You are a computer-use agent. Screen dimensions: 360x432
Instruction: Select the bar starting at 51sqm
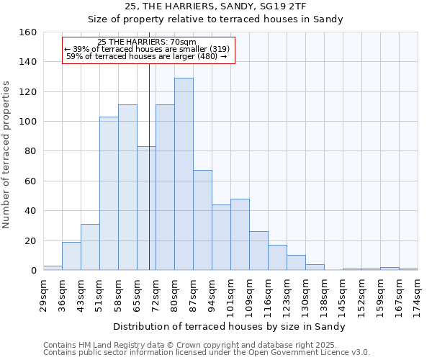(109, 194)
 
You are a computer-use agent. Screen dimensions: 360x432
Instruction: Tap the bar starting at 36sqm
(71, 256)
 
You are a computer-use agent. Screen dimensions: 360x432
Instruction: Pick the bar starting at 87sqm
(202, 220)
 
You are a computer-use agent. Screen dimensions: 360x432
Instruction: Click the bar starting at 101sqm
(240, 235)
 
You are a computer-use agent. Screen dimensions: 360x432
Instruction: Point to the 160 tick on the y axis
(28, 32)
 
